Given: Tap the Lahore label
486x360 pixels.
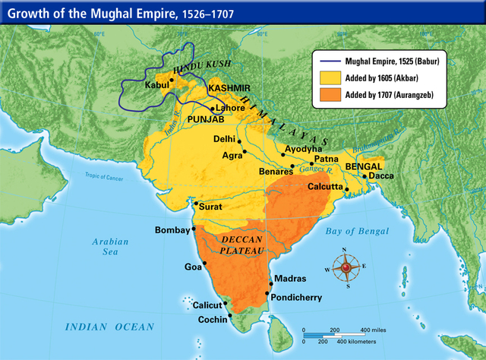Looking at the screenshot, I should coord(230,108).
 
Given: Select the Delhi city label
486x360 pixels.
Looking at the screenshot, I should coord(224,139).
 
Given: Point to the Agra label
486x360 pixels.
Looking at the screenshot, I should coord(232,155).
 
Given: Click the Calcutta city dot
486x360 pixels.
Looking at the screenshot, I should coord(346,188).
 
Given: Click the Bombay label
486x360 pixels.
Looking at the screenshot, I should coord(173,229).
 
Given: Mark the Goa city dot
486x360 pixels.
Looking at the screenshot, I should coord(204,263).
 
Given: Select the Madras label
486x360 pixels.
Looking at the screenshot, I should coord(290,279).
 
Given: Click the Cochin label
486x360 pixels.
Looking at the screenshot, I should coord(213,320).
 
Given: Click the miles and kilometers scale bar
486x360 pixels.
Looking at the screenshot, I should coord(342,334).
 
